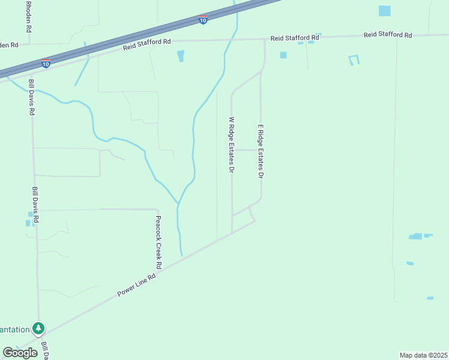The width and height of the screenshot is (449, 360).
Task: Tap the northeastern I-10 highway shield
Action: pos(203,20)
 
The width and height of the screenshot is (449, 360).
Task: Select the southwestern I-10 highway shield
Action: pos(46,63)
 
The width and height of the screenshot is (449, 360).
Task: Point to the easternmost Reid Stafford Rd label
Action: pos(388,35)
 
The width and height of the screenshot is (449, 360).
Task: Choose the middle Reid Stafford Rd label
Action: pos(295,37)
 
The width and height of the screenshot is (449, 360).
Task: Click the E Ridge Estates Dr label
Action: pos(261,152)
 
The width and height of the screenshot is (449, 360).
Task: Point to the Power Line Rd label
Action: pos(136,284)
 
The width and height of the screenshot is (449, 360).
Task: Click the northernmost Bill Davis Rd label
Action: pos(32,95)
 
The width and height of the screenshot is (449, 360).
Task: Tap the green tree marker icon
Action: pos(39,328)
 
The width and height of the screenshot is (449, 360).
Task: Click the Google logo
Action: pos(20,353)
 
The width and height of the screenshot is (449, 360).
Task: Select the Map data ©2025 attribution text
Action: pos(423,355)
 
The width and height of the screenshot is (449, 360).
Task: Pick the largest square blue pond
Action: pos(384,11)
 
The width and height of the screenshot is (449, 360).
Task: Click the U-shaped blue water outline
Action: pos(354,59)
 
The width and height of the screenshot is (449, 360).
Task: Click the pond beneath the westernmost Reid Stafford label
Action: pos(181,56)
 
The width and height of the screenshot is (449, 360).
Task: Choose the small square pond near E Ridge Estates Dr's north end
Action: pos(283,55)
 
